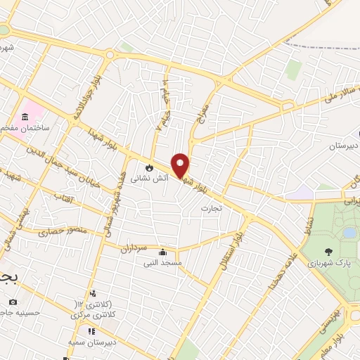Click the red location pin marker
(181, 165)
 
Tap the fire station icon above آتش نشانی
(149, 167)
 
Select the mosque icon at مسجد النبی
(163, 252)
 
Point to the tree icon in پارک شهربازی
(328, 251)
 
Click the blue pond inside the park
(349, 232)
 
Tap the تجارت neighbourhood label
(211, 208)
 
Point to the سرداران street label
(131, 248)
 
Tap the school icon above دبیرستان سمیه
(91, 330)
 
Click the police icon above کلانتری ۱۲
(91, 293)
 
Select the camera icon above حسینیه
(13, 302)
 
